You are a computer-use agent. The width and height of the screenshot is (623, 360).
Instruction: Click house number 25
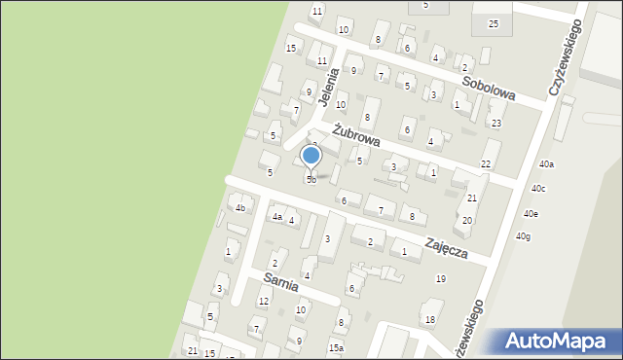pos(493,23)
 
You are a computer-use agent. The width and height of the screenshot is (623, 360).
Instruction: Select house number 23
pos(496,124)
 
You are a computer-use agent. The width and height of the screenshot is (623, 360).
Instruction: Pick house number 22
pos(485,165)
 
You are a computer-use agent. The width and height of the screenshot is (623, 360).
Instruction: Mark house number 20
pos(467,221)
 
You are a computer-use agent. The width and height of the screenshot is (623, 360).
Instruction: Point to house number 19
pos(441,279)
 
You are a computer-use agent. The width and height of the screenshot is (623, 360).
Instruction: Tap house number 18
pos(429,320)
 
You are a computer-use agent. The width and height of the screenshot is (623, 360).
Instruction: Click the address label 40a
pos(547,164)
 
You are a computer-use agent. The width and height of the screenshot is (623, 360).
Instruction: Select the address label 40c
pos(538,189)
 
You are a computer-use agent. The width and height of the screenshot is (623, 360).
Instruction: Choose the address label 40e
pos(531,213)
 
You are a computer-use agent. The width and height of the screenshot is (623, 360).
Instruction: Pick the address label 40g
pos(524,236)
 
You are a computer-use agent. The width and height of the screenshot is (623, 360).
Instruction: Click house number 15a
pos(336,347)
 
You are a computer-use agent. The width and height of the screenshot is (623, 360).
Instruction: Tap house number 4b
pos(239,207)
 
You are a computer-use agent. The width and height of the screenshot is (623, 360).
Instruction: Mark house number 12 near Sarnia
pos(263,303)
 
